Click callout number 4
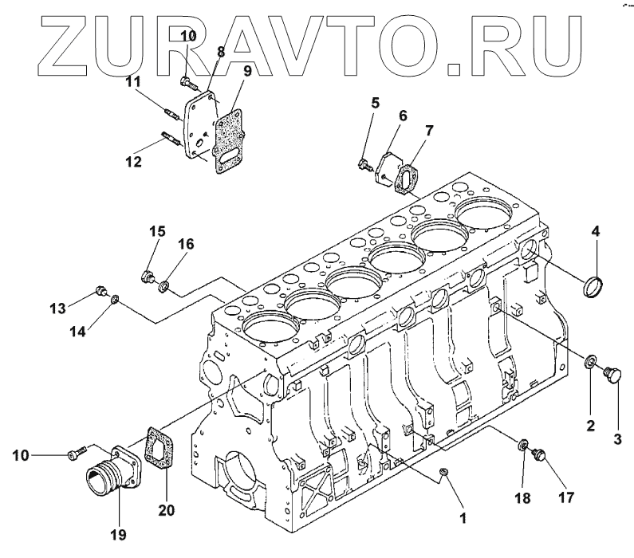[594, 233]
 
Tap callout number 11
[132, 81]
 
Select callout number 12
[132, 162]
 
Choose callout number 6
[403, 116]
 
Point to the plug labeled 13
[100, 292]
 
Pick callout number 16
[184, 244]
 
